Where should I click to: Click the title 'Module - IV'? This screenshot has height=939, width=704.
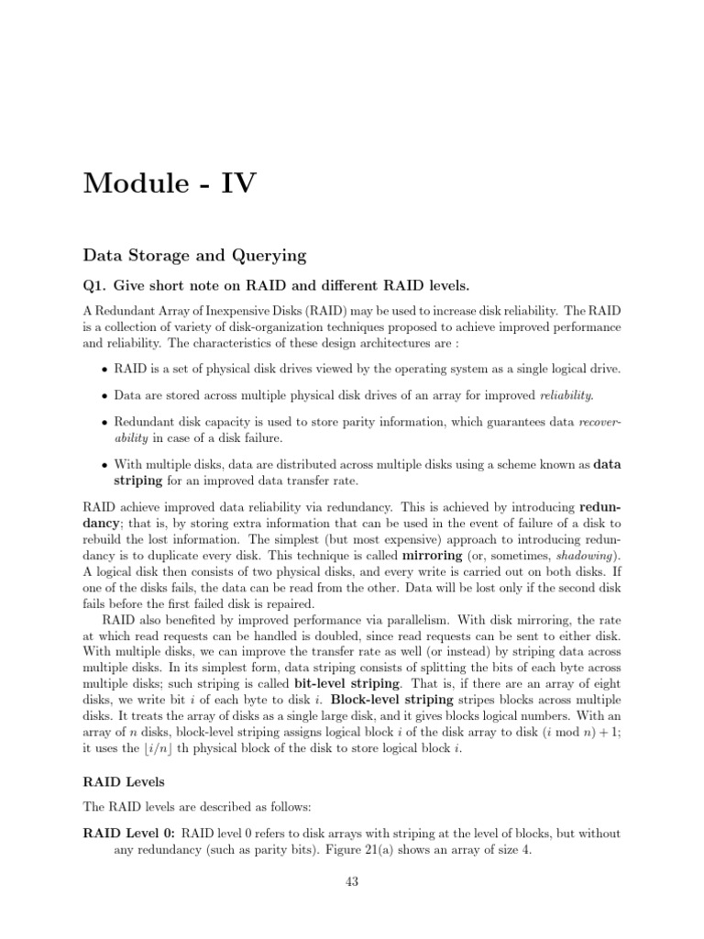tap(170, 184)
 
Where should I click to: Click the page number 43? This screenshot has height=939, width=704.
tap(352, 882)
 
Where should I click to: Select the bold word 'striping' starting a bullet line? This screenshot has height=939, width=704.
tap(137, 480)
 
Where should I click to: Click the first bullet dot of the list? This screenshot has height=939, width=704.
tap(104, 370)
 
